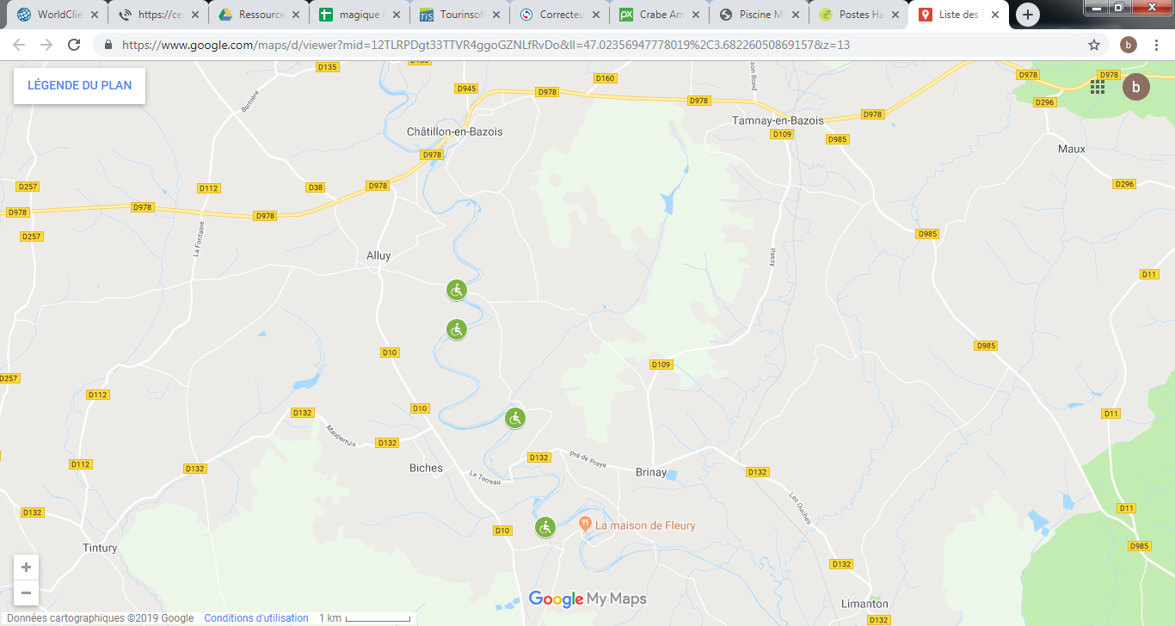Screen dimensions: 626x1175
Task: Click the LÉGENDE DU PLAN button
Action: click(79, 86)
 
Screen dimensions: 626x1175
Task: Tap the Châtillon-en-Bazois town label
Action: click(454, 132)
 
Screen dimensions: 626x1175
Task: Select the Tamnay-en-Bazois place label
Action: click(777, 120)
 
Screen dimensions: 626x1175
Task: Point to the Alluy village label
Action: click(378, 255)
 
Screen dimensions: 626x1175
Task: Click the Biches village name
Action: click(426, 468)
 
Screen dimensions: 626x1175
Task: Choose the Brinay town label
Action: click(651, 472)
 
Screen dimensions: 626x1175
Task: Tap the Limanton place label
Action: click(865, 604)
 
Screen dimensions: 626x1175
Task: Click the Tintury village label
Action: click(99, 548)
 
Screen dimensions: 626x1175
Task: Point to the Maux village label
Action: click(1071, 149)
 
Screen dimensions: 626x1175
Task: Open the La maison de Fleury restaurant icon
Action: click(585, 523)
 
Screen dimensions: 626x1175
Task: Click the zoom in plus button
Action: click(26, 568)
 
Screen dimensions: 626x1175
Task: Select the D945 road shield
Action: click(467, 89)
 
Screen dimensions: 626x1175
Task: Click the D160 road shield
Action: click(605, 78)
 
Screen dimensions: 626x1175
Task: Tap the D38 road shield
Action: click(316, 187)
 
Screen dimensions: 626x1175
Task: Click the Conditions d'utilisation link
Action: click(256, 618)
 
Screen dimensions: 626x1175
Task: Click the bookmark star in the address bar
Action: click(1094, 45)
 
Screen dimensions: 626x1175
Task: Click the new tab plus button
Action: click(1028, 15)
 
